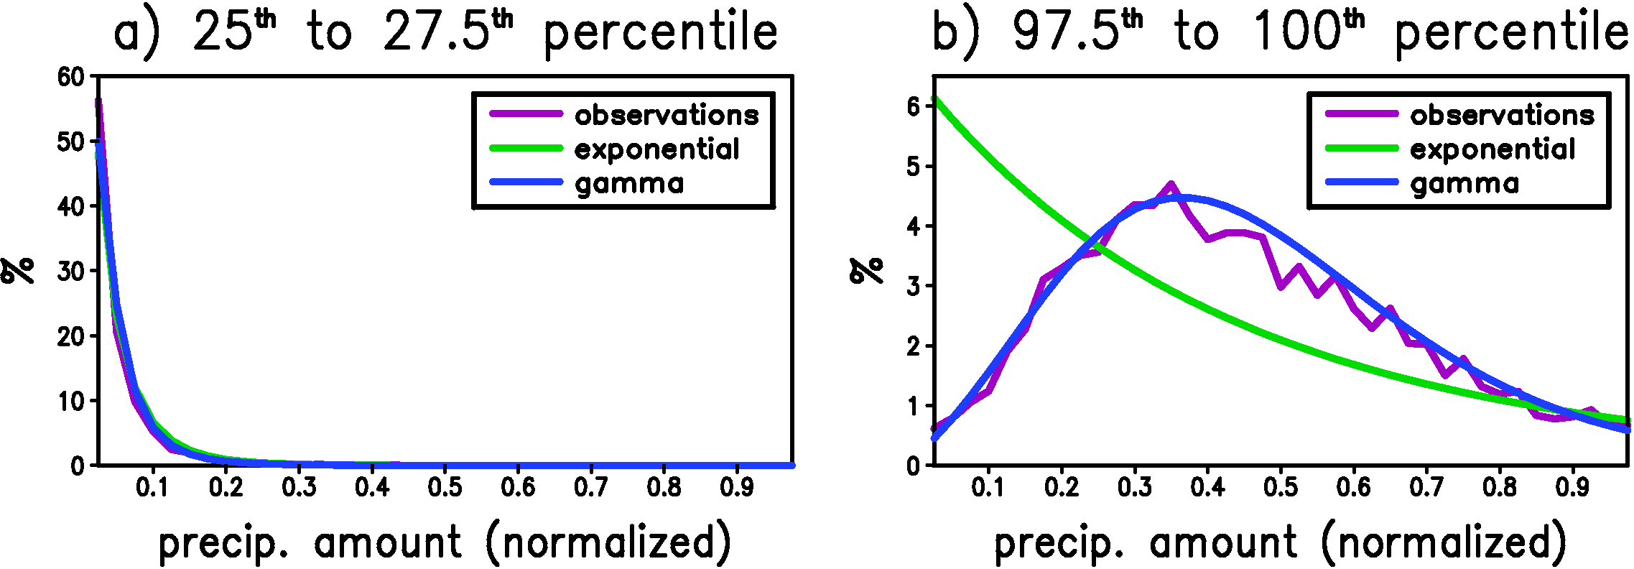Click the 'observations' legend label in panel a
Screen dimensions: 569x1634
pos(667,115)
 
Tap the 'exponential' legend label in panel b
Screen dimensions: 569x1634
pos(1493,149)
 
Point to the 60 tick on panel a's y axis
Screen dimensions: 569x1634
pos(71,77)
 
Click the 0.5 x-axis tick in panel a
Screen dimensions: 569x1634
pos(445,487)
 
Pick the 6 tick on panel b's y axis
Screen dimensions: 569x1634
pos(913,107)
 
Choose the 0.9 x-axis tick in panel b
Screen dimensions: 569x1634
pos(1572,487)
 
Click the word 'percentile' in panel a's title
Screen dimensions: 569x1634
pos(661,33)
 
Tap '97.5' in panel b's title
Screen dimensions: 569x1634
pos(1066,33)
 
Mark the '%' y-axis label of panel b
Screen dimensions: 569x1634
pos(867,271)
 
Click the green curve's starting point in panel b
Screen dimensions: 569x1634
pos(934,99)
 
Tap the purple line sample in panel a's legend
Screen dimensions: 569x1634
pos(526,114)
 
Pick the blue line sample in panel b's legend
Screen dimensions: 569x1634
pos(1361,182)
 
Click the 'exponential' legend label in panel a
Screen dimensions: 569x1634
pos(656,149)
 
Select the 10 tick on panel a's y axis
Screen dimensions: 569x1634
pos(71,401)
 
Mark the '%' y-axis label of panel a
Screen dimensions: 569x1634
pos(17,271)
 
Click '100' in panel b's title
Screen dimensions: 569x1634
pos(1296,33)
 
